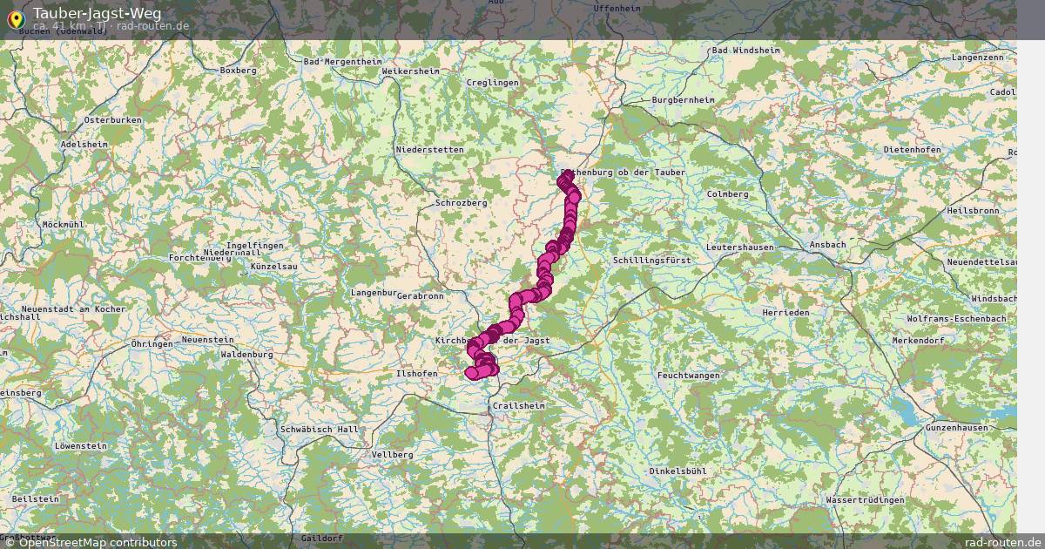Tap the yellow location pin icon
[15, 17]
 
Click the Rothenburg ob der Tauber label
[624, 173]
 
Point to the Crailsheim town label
[518, 406]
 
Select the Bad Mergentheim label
[342, 62]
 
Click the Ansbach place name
[826, 245]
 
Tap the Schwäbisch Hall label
[320, 430]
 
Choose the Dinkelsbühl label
[677, 471]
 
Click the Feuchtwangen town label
[689, 375]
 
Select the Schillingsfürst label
[651, 261]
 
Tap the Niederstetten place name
[429, 149]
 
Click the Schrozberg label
[461, 202]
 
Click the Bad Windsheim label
[745, 51]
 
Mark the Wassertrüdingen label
[864, 501]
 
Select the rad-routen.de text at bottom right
[1003, 542]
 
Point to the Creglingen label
[492, 83]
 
